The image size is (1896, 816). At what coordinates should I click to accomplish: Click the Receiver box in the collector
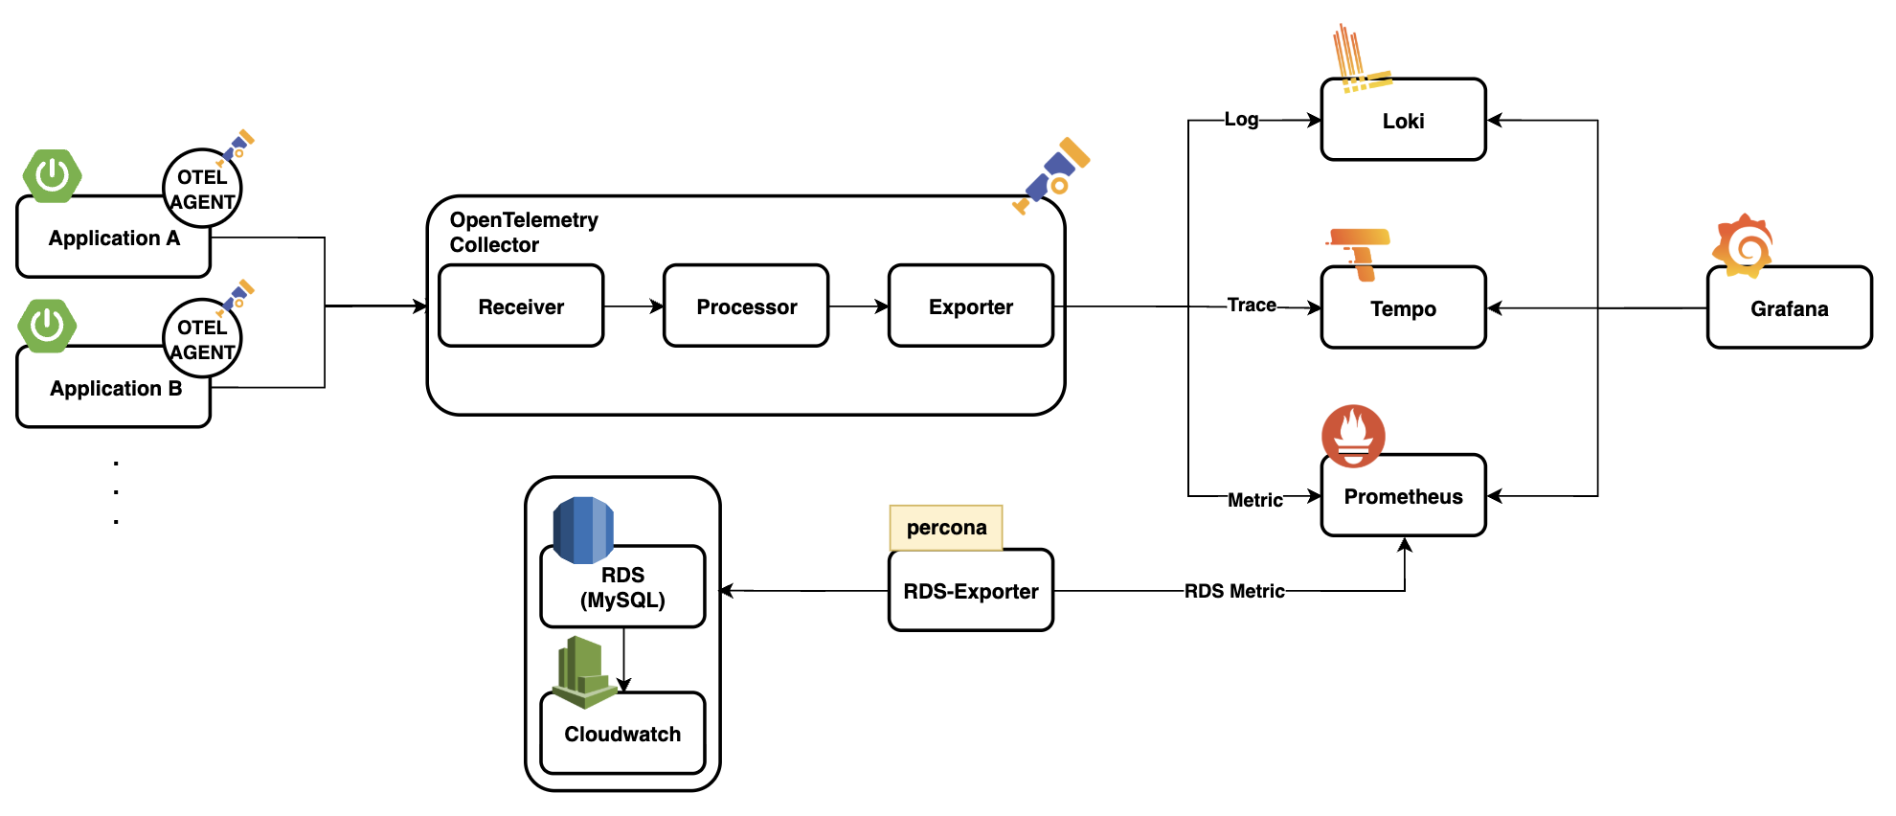point(521,306)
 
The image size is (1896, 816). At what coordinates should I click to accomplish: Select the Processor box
point(746,306)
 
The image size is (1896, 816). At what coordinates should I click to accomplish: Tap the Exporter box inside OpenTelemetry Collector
point(970,306)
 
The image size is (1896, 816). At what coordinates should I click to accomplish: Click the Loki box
point(1403,121)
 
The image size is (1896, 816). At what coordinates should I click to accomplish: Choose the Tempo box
point(1403,308)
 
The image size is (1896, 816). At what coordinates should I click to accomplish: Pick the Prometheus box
point(1403,496)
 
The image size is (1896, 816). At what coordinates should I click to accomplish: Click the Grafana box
point(1789,308)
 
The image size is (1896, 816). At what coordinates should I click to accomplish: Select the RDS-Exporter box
point(970,591)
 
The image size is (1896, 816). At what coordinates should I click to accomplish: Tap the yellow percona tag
point(946,528)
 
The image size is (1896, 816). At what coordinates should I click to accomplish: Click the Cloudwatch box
point(622,734)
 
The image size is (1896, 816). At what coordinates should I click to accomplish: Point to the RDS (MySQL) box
point(622,587)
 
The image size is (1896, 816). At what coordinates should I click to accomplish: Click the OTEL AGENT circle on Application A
point(202,189)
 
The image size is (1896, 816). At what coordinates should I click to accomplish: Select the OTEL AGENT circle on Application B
point(202,339)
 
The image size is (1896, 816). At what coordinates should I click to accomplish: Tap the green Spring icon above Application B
point(47,326)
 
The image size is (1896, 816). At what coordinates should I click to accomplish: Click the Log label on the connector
point(1241,120)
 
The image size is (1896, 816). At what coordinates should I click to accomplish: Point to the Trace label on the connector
point(1252,306)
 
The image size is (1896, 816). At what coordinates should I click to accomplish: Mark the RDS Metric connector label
point(1234,591)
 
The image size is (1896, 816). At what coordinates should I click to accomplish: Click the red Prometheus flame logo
point(1353,435)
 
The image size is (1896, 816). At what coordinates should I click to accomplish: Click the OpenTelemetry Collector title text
point(524,232)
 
